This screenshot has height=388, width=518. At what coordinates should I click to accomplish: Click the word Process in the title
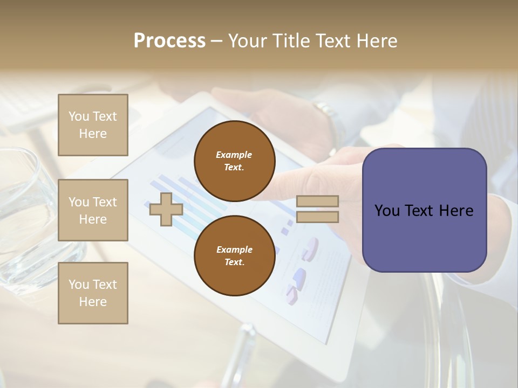tap(169, 41)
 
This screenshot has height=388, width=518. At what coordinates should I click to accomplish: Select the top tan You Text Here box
tap(93, 125)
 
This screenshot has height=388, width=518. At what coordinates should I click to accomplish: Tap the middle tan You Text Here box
tap(93, 210)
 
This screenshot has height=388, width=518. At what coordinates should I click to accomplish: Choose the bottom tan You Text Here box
tap(93, 293)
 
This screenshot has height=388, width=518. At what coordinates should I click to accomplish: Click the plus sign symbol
tap(166, 209)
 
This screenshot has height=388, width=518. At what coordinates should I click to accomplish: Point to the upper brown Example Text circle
tap(234, 161)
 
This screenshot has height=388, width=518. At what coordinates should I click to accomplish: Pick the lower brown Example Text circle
tap(234, 256)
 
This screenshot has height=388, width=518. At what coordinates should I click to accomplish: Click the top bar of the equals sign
tap(317, 201)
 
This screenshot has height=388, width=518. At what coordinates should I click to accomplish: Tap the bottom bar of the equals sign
tap(317, 217)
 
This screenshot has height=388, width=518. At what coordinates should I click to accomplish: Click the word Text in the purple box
tap(422, 211)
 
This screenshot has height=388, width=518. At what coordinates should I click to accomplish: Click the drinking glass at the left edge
tap(22, 216)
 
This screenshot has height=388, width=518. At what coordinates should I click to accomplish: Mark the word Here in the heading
tap(376, 41)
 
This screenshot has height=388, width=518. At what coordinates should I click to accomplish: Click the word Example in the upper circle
tap(234, 155)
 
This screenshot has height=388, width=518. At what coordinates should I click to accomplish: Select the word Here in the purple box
tap(456, 211)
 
